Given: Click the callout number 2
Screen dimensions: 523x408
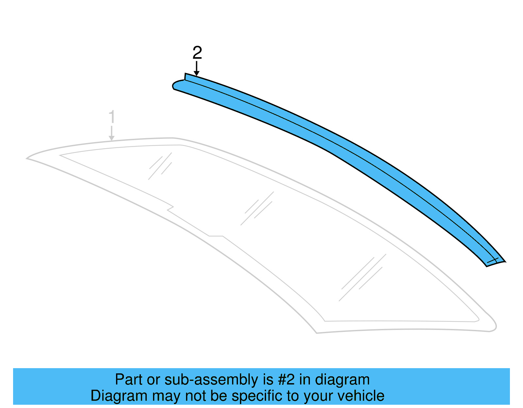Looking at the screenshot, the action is coord(197,53).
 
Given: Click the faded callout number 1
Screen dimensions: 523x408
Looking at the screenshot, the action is coord(112,117).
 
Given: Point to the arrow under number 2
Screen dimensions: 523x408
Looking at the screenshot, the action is coord(196,69).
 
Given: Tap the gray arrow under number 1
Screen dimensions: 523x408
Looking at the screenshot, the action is coord(112,133).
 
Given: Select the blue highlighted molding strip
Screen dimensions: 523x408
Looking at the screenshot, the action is coord(327,140).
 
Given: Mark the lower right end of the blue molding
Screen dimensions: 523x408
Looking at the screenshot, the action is coord(495,262).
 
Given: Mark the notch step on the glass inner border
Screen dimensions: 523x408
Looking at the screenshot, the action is coord(171,208).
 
